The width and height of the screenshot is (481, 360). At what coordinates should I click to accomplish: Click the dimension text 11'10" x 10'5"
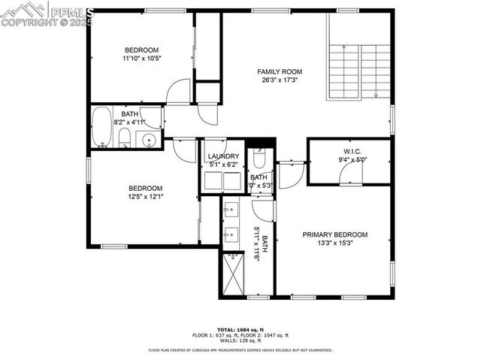tap(142, 58)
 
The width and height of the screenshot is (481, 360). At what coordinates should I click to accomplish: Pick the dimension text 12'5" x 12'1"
tap(145, 197)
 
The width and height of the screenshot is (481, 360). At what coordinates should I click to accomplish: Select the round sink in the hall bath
tap(149, 139)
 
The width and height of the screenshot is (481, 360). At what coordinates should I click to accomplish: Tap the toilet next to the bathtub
tap(126, 137)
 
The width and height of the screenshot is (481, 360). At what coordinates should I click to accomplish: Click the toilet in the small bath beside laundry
tap(259, 159)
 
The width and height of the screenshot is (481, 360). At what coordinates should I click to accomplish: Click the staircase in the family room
tap(359, 71)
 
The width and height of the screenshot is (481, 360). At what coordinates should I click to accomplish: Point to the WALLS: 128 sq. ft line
tap(240, 341)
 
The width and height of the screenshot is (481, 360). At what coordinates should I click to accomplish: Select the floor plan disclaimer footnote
tap(240, 349)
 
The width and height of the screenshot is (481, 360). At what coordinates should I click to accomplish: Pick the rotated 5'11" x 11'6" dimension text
tap(259, 243)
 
